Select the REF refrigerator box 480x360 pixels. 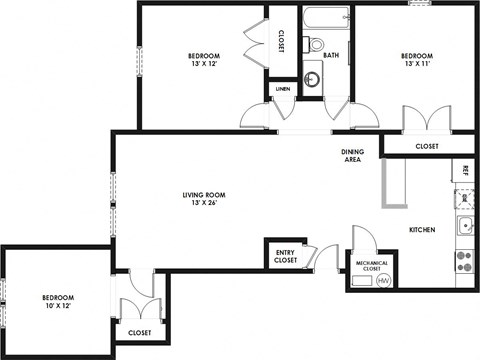465,171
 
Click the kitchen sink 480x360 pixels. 465,225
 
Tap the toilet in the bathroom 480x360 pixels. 316,45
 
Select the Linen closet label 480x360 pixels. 284,91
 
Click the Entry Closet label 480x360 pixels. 286,257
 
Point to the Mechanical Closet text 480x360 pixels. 373,265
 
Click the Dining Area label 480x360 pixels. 352,155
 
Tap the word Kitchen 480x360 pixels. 422,230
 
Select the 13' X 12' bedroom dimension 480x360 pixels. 203,63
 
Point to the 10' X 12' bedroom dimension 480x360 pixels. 58,305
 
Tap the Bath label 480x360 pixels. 330,55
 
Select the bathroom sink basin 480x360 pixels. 317,77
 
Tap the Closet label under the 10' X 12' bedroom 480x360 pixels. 140,332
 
